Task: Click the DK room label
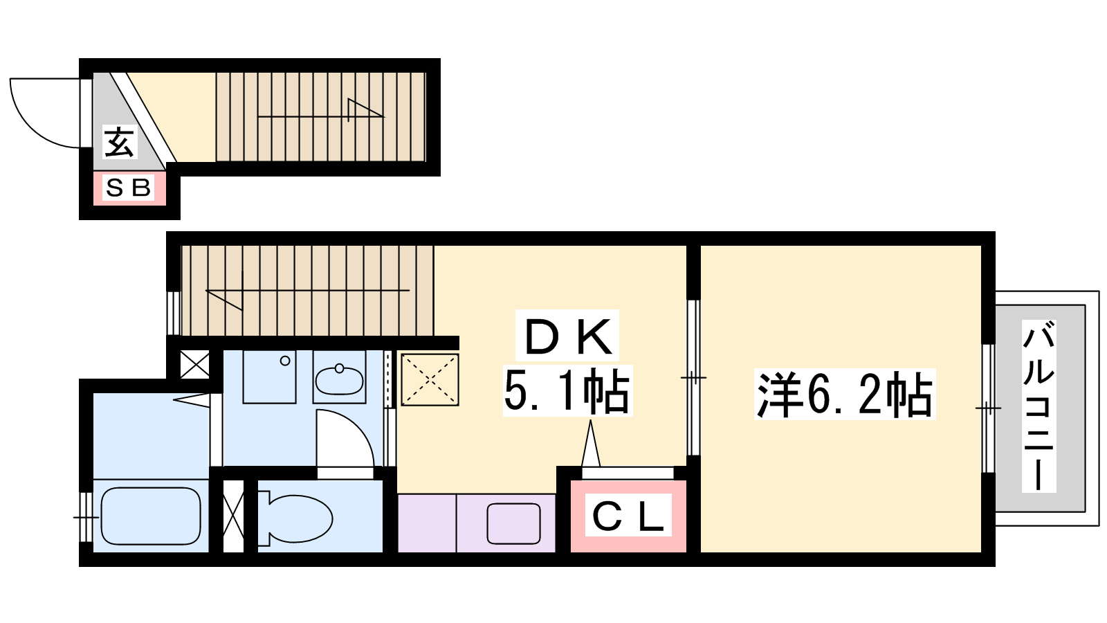(x=567, y=337)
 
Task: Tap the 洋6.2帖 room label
(x=845, y=394)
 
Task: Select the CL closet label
(x=628, y=515)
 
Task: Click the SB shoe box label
(x=129, y=188)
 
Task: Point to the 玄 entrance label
(x=119, y=141)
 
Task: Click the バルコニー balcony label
(x=1039, y=406)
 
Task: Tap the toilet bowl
(x=295, y=518)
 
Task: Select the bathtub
(x=151, y=516)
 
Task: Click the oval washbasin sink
(x=339, y=381)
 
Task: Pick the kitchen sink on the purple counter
(x=513, y=523)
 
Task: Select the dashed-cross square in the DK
(x=430, y=380)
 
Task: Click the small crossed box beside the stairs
(x=194, y=365)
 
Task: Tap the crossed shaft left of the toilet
(x=233, y=516)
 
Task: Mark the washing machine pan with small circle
(x=269, y=377)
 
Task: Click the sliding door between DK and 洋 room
(x=693, y=378)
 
